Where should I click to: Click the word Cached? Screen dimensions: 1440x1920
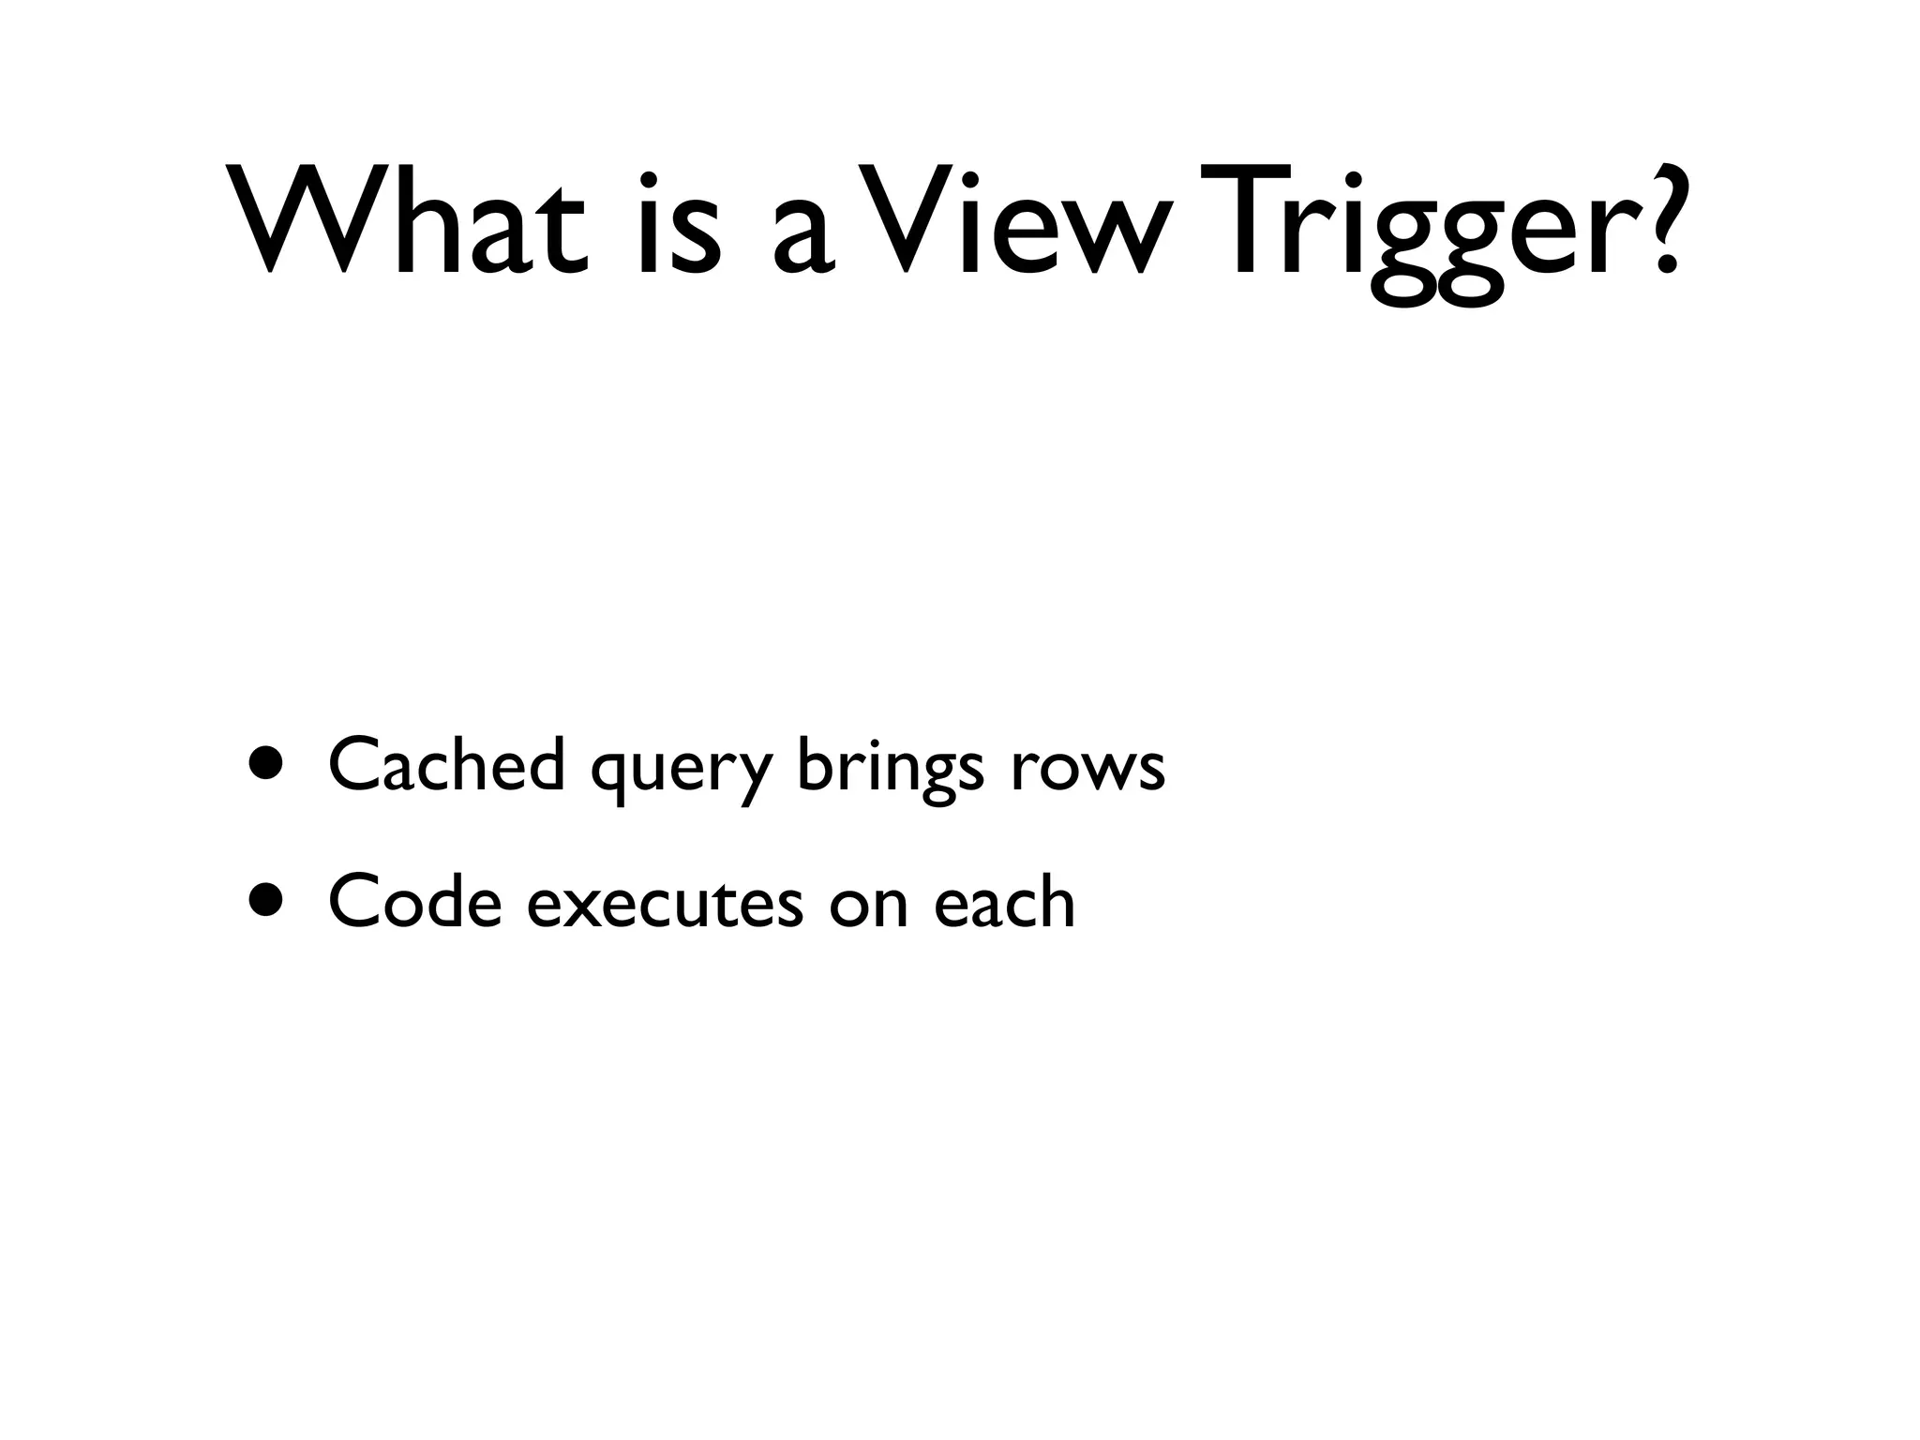(447, 764)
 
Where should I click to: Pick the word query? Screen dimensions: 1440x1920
(682, 773)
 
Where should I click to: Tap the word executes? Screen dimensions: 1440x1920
(665, 906)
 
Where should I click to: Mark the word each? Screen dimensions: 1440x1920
(1004, 901)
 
